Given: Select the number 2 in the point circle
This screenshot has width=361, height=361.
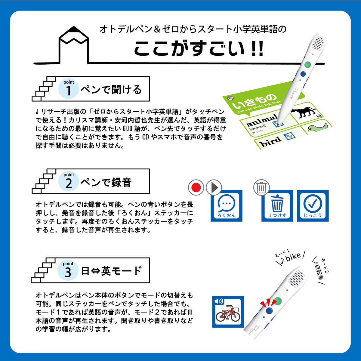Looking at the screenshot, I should coord(69,183).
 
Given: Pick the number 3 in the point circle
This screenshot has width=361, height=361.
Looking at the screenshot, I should coord(68,272).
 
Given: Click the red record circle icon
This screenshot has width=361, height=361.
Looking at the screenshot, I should coord(196,188).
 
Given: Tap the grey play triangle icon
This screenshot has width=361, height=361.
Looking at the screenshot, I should coord(214,188).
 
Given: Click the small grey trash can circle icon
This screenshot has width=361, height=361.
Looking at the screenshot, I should coord(261,188).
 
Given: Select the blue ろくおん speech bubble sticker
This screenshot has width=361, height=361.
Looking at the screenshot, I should coord(226,206).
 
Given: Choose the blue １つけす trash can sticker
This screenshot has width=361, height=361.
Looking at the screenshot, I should coord(277,206).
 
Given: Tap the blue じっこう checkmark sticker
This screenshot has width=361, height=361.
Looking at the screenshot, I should coord(313,206).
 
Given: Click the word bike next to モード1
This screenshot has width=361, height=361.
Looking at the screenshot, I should coord(293,257).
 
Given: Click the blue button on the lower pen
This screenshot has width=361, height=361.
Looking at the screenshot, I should coord(270,311).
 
